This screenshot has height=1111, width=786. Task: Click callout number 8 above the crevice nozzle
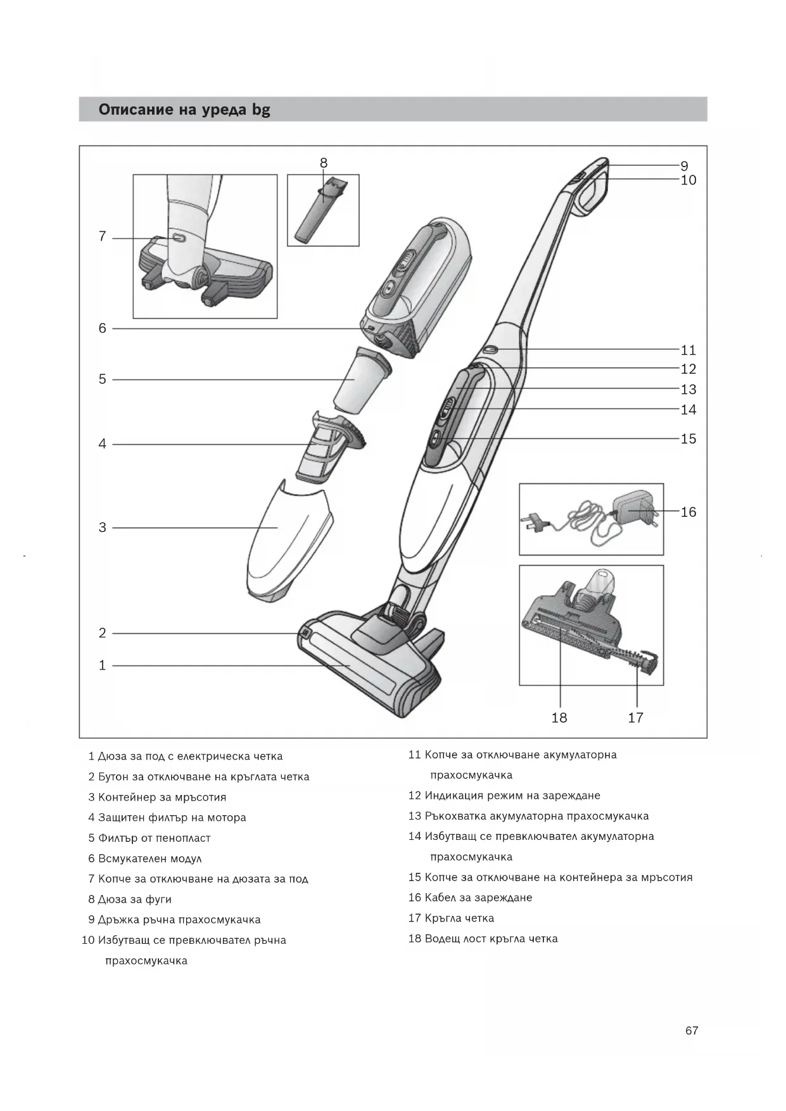pos(324,163)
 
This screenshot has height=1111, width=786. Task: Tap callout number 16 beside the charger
pos(688,512)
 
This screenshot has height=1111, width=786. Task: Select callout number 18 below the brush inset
pos(559,718)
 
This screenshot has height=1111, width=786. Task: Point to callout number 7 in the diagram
pos(102,237)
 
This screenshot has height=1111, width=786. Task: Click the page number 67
pos(692,1031)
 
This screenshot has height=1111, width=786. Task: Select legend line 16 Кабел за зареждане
pos(470,898)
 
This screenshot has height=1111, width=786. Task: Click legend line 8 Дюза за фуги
pos(130,899)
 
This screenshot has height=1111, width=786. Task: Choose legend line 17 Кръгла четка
pos(451,918)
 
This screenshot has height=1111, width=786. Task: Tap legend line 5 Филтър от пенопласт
pos(149,838)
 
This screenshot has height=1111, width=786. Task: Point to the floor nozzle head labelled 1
pos(367,665)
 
